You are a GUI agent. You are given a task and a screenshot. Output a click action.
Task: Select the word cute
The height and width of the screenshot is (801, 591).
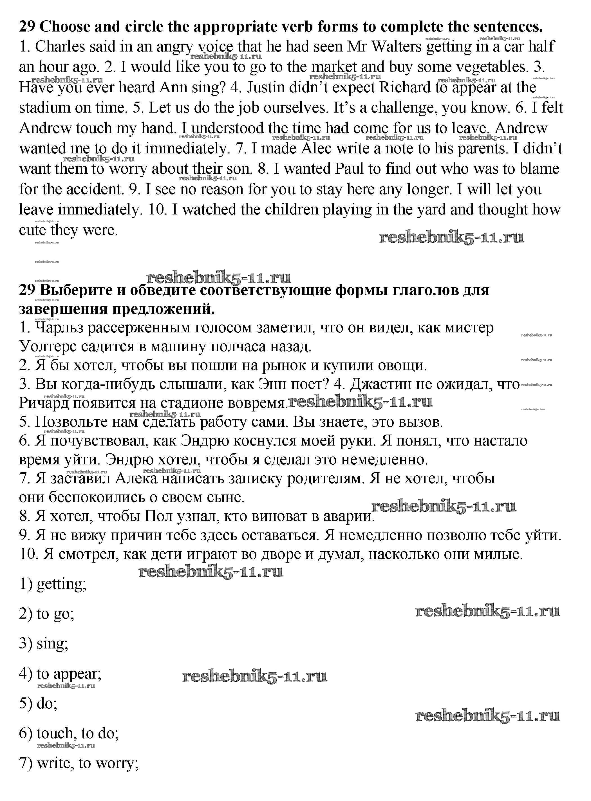[32, 230]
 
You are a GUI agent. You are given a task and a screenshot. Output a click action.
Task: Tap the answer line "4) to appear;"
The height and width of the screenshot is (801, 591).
[60, 674]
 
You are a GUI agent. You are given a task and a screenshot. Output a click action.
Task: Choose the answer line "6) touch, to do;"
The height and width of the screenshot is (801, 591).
[69, 734]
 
